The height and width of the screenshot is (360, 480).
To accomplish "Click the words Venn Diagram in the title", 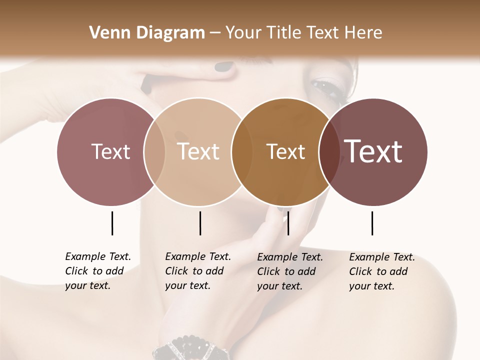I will [x=147, y=33].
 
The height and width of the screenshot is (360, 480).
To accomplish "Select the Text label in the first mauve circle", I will [x=110, y=151].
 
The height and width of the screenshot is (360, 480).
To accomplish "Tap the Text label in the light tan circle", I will [x=198, y=151].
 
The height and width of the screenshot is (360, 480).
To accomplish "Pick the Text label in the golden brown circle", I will [x=285, y=151].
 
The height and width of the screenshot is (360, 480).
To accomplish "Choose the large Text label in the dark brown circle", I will [x=373, y=151].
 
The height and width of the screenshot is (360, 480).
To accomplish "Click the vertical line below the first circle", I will [x=112, y=223].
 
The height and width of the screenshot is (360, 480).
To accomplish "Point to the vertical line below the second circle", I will [x=200, y=223].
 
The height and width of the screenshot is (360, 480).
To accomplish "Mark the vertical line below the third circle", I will [x=288, y=223].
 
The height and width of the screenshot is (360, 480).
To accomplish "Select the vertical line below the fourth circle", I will [x=372, y=223].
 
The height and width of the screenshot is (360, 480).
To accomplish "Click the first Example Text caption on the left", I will [x=98, y=271].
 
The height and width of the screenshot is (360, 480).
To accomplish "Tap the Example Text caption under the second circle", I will [x=198, y=271].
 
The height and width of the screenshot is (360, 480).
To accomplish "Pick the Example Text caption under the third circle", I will [x=290, y=271].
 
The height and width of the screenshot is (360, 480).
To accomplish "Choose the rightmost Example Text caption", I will [x=382, y=271].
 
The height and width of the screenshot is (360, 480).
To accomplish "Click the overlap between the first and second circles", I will [x=154, y=151].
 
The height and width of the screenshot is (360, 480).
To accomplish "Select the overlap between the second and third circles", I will [x=241, y=151].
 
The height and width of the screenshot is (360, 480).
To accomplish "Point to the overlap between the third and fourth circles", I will [x=328, y=151].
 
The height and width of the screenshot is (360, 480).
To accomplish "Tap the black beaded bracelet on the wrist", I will [x=190, y=348].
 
